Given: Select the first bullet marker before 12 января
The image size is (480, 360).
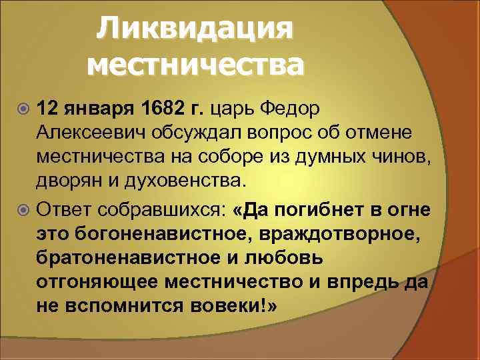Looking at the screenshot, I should click(25, 109).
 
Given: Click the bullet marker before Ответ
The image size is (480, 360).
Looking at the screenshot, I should click(25, 211).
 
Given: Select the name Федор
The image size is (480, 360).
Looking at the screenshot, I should click(289, 108).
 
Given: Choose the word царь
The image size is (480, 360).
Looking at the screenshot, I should click(233, 109).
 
